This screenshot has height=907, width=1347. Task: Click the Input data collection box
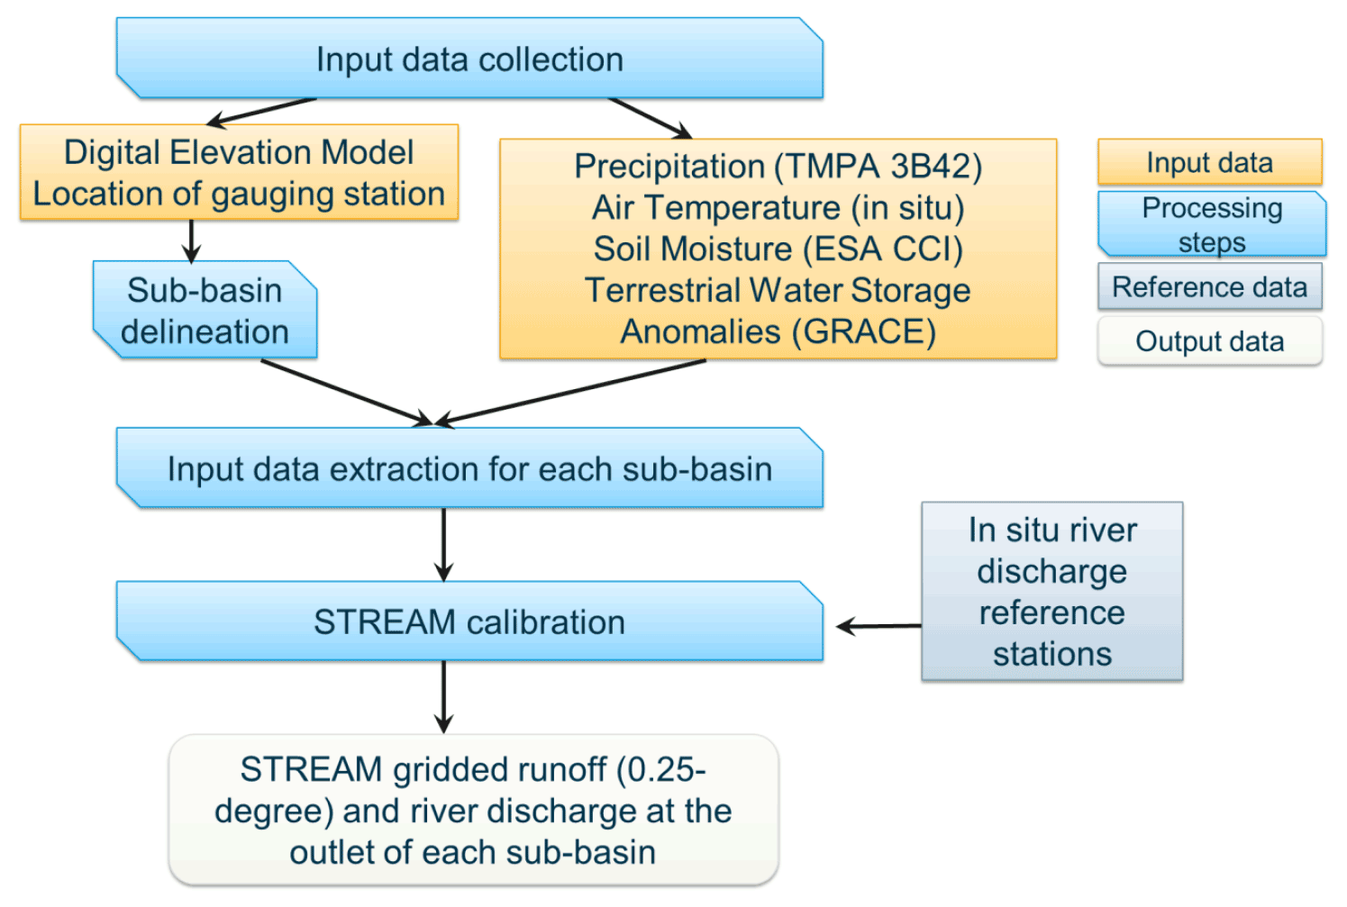click(x=469, y=59)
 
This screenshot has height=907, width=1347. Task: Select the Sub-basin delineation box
click(x=205, y=311)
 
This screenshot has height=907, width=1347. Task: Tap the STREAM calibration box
click(x=469, y=622)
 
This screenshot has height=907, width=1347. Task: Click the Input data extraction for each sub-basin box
click(x=469, y=469)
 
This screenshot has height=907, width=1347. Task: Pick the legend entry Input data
click(x=1209, y=163)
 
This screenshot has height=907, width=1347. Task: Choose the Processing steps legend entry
click(x=1212, y=224)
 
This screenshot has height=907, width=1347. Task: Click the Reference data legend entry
click(x=1209, y=287)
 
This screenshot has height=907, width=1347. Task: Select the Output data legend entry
click(x=1209, y=341)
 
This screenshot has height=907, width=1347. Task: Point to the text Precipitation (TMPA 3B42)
click(x=778, y=167)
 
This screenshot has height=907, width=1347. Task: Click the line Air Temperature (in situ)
click(x=778, y=208)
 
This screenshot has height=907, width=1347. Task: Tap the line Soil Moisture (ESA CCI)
click(x=778, y=249)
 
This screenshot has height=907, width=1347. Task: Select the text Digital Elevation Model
click(x=239, y=152)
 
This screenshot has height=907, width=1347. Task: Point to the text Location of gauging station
click(x=239, y=194)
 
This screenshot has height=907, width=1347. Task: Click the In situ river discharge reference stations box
click(x=1051, y=592)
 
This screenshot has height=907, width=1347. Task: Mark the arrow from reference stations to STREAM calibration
click(x=878, y=626)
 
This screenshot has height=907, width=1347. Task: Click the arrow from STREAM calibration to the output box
click(x=443, y=696)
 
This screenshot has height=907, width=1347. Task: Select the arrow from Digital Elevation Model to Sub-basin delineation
click(x=191, y=240)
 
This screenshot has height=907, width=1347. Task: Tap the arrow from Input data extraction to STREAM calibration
click(x=443, y=544)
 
